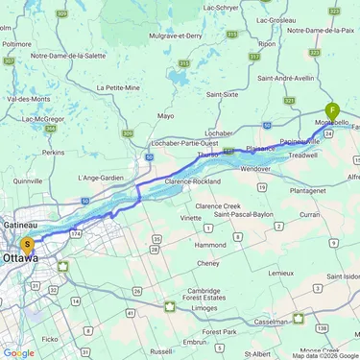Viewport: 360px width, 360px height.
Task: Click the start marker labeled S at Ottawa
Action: point(28,246)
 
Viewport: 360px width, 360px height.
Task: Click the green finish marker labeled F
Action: point(332,111)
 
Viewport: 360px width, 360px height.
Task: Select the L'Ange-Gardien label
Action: point(102,179)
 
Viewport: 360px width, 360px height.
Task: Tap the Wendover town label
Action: point(253,168)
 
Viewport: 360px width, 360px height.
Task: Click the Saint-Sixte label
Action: point(223,94)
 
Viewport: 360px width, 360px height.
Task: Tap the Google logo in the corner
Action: point(18,352)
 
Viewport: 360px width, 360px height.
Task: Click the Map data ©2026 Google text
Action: point(324,355)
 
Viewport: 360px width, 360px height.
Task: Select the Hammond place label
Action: point(210,245)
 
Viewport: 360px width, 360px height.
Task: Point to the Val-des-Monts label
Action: point(22,98)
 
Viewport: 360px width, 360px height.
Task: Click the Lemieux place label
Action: point(280,273)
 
